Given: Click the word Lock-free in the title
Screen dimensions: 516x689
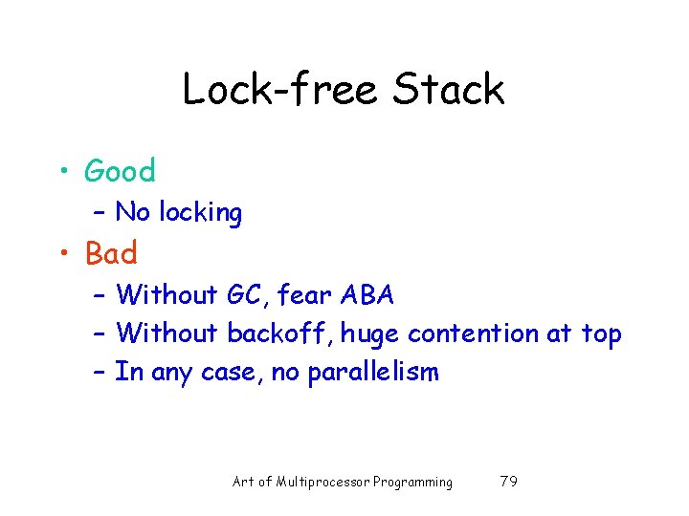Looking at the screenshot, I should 280,90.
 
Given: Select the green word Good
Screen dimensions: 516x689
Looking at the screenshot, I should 120,171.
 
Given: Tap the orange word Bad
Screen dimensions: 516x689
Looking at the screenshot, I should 111,253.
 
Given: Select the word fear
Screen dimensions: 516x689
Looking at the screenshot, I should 305,295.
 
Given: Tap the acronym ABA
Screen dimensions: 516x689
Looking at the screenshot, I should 367,295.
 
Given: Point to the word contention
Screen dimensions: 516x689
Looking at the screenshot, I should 473,333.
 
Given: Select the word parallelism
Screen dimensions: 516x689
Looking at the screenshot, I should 373,372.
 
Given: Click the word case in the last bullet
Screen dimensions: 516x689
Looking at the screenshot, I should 227,373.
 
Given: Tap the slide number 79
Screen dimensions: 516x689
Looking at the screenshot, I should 509,482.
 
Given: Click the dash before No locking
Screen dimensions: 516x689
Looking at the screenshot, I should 100,212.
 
